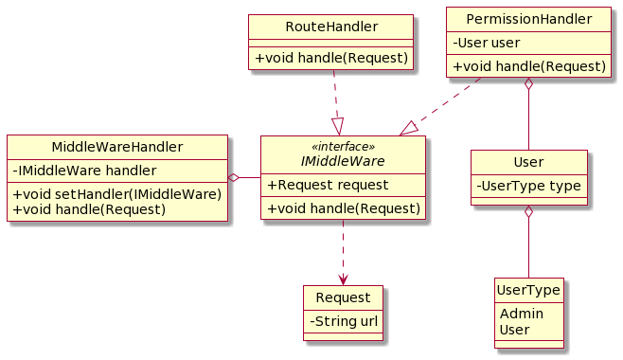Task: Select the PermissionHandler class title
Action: click(x=528, y=18)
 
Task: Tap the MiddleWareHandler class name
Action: click(x=117, y=146)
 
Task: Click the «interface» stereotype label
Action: click(x=343, y=147)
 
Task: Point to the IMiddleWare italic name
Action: click(x=343, y=161)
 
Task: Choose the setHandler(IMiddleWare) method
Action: click(x=117, y=194)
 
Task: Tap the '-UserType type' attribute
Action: click(x=528, y=186)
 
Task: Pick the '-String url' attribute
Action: click(x=343, y=321)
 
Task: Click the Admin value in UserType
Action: click(x=515, y=314)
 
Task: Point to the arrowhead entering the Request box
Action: click(x=343, y=279)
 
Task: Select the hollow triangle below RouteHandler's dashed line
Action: click(x=338, y=126)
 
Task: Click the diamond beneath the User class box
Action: click(x=528, y=213)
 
